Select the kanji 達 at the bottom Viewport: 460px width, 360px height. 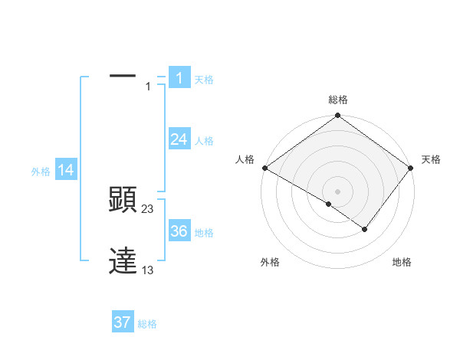123,260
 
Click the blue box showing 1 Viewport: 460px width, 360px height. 179,77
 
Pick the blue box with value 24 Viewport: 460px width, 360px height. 179,139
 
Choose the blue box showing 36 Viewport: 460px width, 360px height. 179,231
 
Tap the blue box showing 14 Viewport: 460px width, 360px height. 66,171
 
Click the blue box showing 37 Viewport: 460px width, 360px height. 123,322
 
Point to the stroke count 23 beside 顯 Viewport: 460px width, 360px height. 148,209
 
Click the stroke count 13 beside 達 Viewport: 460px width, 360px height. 148,269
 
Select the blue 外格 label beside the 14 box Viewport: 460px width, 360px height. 41,172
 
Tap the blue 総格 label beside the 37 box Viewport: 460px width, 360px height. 147,324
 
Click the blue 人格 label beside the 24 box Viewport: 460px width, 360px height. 204,141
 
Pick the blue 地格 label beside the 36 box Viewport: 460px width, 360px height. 204,233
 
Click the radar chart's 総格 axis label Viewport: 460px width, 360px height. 337,100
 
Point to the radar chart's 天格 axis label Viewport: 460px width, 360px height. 432,159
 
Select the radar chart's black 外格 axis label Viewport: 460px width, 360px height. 270,262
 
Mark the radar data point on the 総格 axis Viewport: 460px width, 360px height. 337,116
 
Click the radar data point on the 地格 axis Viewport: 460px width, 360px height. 365,229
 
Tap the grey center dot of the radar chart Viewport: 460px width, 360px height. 337,191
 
